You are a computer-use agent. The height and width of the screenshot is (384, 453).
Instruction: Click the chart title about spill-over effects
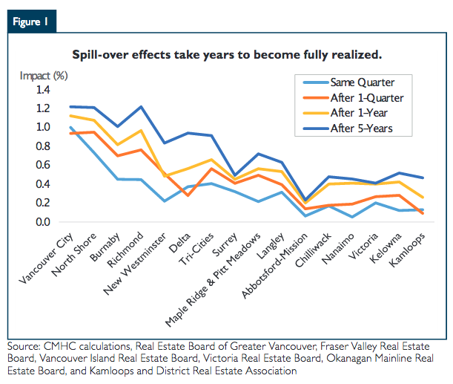pos(227,55)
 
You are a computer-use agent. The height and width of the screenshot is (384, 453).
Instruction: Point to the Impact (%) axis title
pos(44,75)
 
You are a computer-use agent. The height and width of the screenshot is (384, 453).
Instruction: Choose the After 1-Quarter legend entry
pos(366,97)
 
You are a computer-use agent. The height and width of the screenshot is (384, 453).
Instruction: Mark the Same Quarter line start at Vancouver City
pos(70,127)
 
